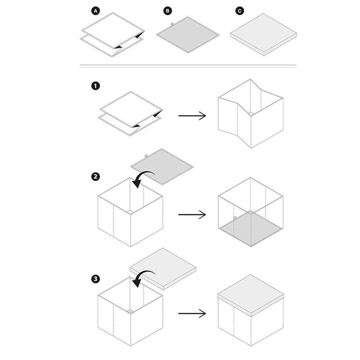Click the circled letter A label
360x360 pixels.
[x=95, y=11]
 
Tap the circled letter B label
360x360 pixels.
[x=167, y=11]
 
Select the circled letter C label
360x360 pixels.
[x=240, y=11]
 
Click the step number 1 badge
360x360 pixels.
[x=95, y=86]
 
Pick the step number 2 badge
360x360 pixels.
[x=95, y=176]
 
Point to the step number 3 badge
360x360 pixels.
[x=95, y=279]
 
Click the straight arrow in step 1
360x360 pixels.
[x=192, y=116]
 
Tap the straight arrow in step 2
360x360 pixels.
[x=192, y=215]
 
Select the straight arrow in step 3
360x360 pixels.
[x=192, y=313]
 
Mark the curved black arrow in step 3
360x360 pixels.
[x=143, y=273]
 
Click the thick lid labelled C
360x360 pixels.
[x=263, y=35]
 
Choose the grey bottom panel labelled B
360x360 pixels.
[x=188, y=35]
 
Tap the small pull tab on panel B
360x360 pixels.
[x=172, y=24]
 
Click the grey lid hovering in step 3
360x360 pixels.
[x=163, y=269]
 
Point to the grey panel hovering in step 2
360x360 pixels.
[x=162, y=166]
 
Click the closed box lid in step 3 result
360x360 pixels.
[x=251, y=295]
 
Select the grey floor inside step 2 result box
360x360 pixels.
[x=251, y=229]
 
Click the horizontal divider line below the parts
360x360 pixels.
[x=188, y=66]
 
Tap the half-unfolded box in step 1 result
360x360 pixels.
[x=251, y=114]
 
